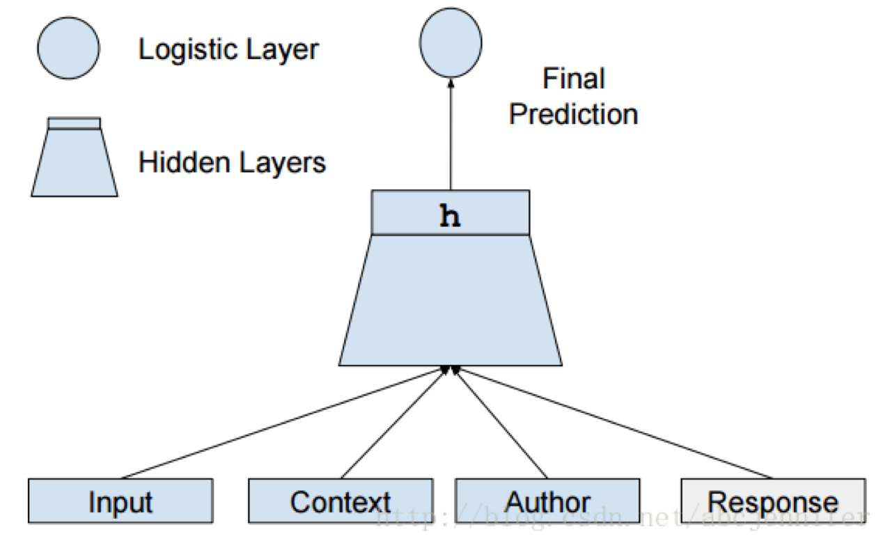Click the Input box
tap(120, 501)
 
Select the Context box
tap(340, 501)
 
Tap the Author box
tap(547, 501)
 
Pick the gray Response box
tap(772, 501)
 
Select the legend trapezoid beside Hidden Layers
tap(74, 164)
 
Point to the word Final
tap(573, 79)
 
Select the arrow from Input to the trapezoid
tap(279, 423)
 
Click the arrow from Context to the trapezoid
tap(393, 423)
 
